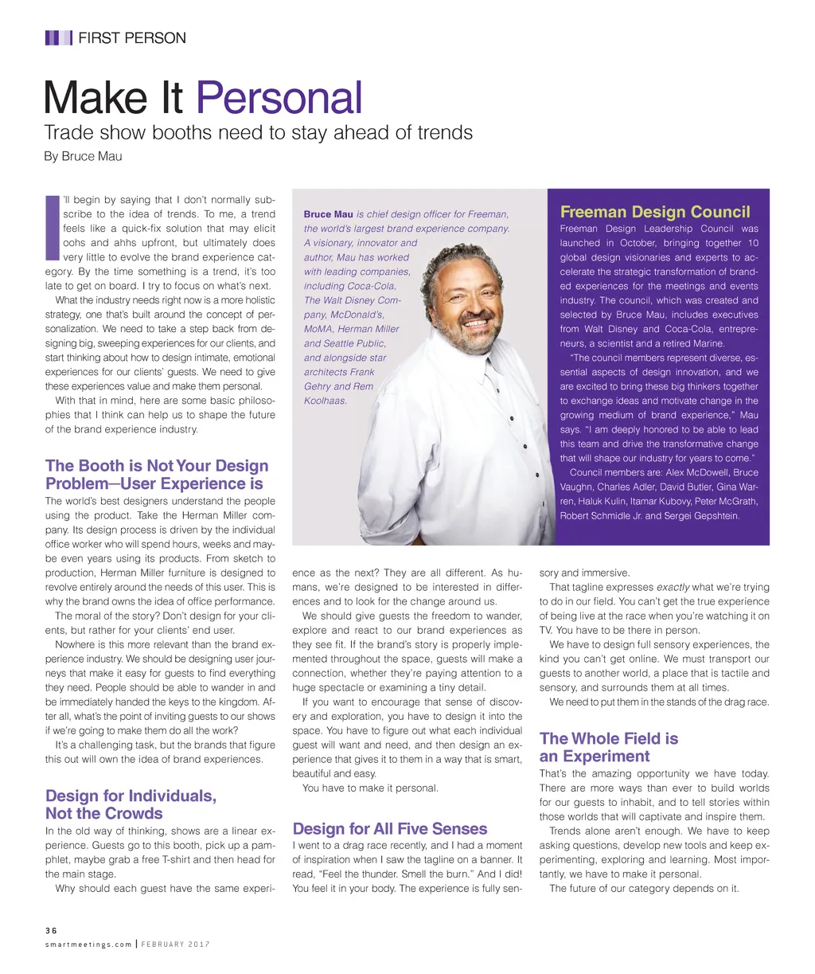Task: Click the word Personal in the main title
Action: tap(279, 98)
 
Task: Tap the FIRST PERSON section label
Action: tap(131, 38)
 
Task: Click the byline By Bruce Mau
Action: tap(83, 156)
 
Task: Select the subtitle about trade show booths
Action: tap(258, 132)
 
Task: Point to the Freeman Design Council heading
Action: tap(654, 212)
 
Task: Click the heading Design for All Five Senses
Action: tap(389, 828)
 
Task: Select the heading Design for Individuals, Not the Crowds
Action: tap(131, 804)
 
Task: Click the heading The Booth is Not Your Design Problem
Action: tap(157, 475)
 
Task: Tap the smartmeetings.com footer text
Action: tap(88, 945)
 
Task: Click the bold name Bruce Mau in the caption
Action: tap(328, 214)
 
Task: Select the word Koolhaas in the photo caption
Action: tap(326, 401)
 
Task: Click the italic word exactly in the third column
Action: tap(673, 587)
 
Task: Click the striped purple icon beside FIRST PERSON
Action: tap(59, 37)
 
